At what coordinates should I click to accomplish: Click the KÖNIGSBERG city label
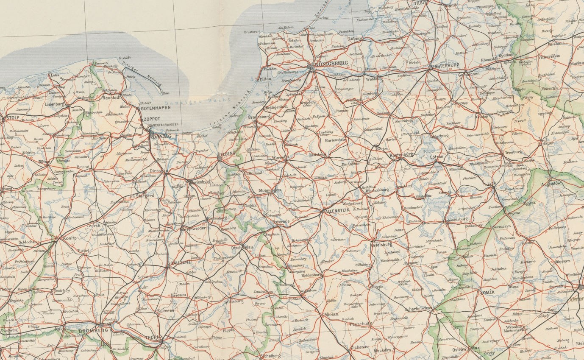pos(333,63)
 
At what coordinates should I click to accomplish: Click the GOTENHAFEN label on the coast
pos(156,108)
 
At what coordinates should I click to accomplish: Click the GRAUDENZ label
pos(180,263)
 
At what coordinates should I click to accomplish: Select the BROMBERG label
pos(93,329)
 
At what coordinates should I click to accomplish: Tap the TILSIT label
pos(422,3)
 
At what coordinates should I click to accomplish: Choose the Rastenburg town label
pos(401,155)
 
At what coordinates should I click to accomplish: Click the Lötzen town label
pos(437,157)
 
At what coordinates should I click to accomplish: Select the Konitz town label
pos(70,238)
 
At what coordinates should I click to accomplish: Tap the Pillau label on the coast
pos(265,79)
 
